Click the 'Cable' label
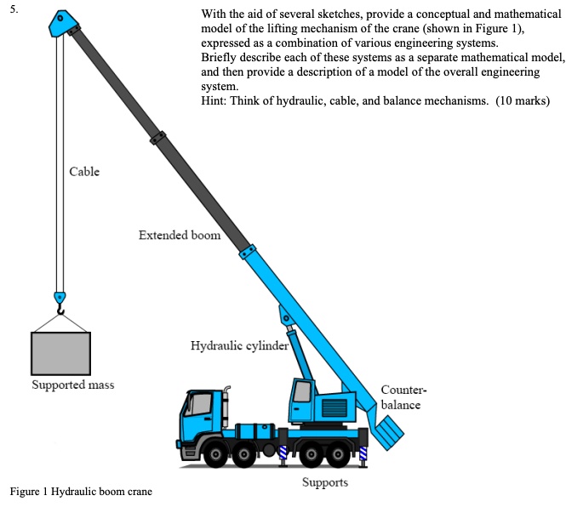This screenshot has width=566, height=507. click(84, 172)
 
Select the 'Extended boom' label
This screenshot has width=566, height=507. click(180, 235)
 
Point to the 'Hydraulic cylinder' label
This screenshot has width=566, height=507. click(240, 346)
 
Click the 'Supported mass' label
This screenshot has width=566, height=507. click(73, 385)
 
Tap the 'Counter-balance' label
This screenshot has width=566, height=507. click(402, 398)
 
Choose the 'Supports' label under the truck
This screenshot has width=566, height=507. click(325, 482)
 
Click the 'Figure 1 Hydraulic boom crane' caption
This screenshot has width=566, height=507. click(81, 492)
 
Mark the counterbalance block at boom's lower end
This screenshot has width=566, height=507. click(391, 433)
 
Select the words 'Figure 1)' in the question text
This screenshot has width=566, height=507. click(499, 29)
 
